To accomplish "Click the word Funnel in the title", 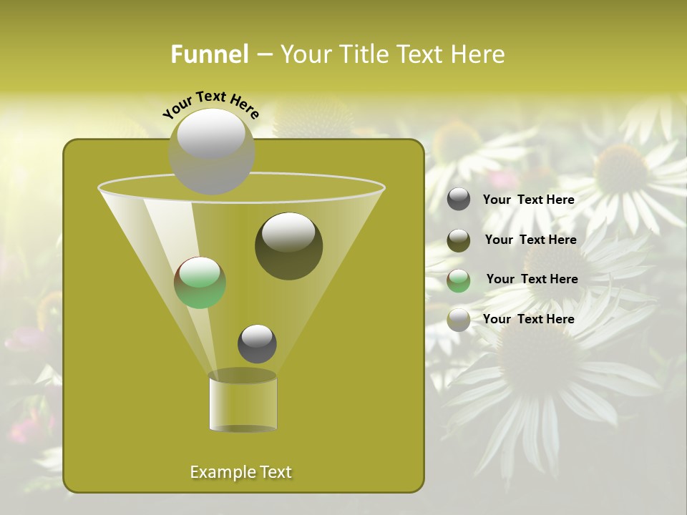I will pos(210,54).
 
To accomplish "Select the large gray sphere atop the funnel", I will pos(212,151).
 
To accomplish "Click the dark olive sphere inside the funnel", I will pos(289,246).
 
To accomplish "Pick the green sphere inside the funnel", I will pos(200,283).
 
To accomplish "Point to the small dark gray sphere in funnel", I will pos(257,343).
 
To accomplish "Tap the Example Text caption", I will pos(241,472).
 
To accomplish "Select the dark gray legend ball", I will pos(459,200).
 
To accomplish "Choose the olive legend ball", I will pos(459,240).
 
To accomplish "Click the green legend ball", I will pos(459,280).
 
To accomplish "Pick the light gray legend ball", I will pos(459,320).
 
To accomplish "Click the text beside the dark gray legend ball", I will pos(528,200).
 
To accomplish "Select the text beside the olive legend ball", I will pos(530,240).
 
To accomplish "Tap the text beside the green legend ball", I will pos(532,280).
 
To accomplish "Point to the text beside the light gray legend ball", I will pos(528,320).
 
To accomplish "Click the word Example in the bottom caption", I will pos(218,472).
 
